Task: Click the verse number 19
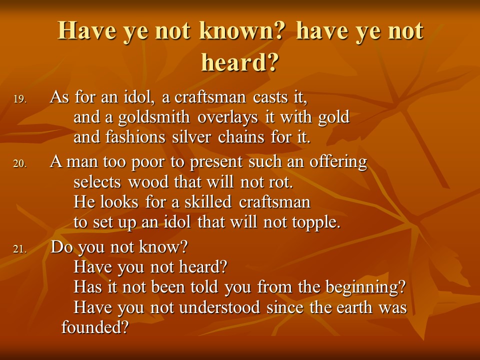(x=20, y=99)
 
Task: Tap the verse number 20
(x=20, y=164)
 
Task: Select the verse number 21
(x=20, y=249)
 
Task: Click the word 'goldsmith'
(x=154, y=117)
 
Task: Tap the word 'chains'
(x=241, y=136)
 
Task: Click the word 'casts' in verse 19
(x=270, y=97)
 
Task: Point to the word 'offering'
(x=338, y=162)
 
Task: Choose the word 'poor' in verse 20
(x=147, y=162)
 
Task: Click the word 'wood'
(x=148, y=182)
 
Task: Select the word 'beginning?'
(x=365, y=287)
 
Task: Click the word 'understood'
(x=219, y=307)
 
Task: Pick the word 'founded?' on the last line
(x=95, y=327)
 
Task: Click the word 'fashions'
(x=135, y=136)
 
